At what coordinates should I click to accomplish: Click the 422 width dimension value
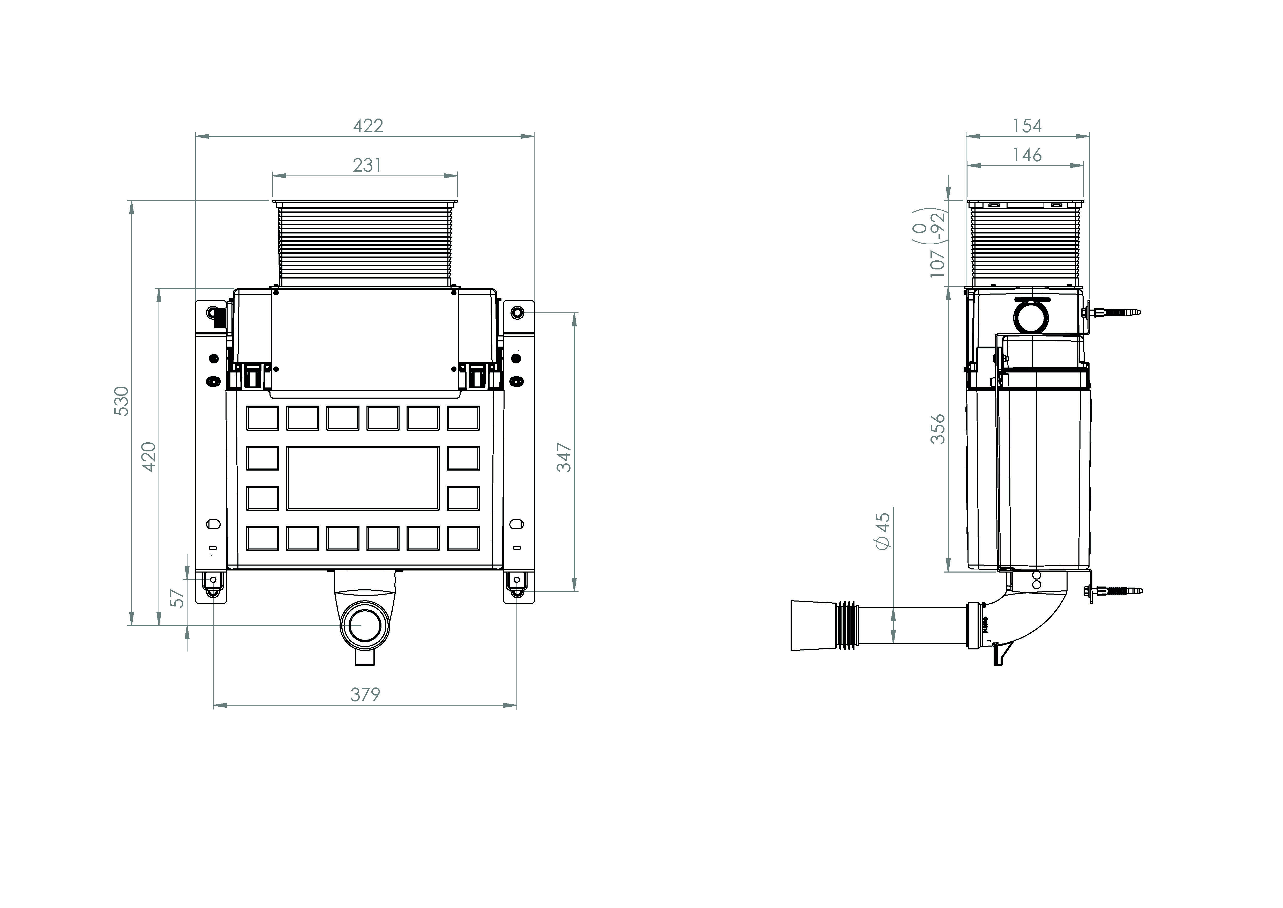(368, 126)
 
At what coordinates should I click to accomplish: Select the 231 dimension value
(367, 165)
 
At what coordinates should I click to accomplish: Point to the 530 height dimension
(121, 401)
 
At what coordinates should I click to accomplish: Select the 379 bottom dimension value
(365, 694)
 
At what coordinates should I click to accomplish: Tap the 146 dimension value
(1027, 155)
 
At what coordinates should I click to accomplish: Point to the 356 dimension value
(938, 429)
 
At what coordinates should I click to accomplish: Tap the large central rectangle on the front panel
(363, 478)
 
